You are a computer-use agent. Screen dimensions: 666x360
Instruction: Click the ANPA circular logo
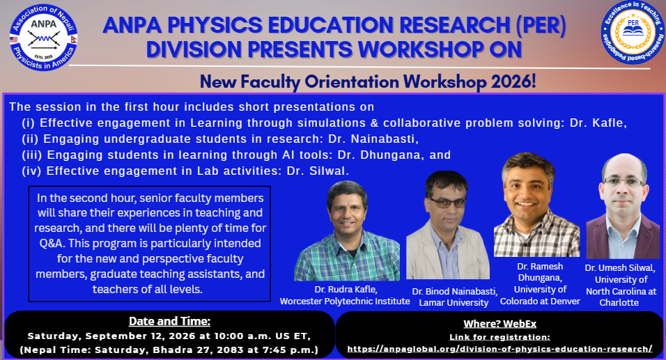click(43, 38)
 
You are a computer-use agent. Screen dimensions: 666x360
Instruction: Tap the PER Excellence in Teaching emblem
click(633, 32)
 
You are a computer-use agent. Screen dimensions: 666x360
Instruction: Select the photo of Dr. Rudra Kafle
click(347, 230)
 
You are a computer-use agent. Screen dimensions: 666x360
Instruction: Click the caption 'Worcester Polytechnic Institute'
click(344, 302)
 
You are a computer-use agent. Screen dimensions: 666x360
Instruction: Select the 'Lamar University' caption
click(454, 303)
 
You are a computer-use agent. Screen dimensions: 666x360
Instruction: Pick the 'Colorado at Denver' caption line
click(540, 302)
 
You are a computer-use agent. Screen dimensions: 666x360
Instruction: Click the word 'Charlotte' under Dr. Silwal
click(619, 303)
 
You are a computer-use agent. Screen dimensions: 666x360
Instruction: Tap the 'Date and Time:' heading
click(169, 322)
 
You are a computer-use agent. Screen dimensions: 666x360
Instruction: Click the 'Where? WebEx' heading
click(499, 324)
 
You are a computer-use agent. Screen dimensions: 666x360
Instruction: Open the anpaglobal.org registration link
click(499, 349)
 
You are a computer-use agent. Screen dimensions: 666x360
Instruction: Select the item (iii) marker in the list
click(32, 155)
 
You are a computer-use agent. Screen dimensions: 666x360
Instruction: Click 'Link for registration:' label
click(499, 337)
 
